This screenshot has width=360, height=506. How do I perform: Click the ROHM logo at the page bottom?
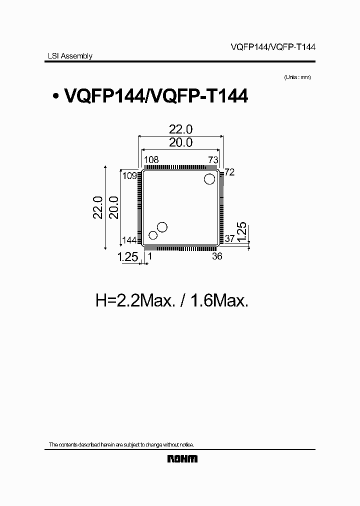[x=182, y=459]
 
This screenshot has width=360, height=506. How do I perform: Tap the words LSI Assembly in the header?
[x=66, y=56]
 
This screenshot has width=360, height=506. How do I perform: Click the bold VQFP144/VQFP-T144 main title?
[x=155, y=95]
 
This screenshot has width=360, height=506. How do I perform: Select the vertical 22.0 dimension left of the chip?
[x=97, y=207]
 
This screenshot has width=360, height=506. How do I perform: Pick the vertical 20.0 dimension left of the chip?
[x=113, y=207]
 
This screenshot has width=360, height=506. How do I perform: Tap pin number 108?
[x=151, y=160]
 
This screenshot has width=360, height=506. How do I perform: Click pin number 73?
[x=213, y=160]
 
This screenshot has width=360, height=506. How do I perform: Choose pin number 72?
[x=229, y=172]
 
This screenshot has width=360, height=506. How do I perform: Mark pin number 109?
[x=129, y=175]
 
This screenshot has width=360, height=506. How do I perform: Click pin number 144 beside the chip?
[x=129, y=240]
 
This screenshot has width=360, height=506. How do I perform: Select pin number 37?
[x=229, y=239]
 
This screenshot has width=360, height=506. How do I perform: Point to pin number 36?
[x=217, y=256]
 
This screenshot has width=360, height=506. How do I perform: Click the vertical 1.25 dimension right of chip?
[x=240, y=233]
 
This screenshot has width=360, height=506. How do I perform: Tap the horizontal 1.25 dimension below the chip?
[x=127, y=257]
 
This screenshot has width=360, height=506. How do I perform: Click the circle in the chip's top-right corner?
[x=209, y=178]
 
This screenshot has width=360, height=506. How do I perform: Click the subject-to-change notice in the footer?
[x=121, y=444]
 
